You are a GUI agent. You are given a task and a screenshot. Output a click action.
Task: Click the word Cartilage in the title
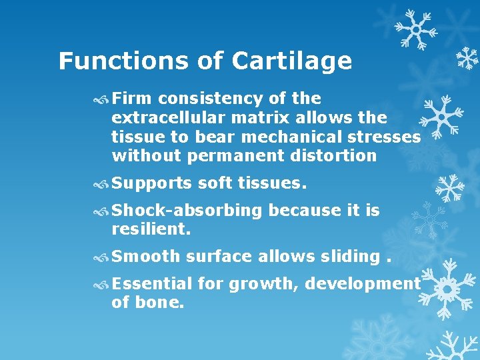292,61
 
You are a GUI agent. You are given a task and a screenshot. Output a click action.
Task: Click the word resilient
151,229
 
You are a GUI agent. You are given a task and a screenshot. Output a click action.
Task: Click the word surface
219,257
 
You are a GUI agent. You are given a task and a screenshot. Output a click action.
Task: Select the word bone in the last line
161,303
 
